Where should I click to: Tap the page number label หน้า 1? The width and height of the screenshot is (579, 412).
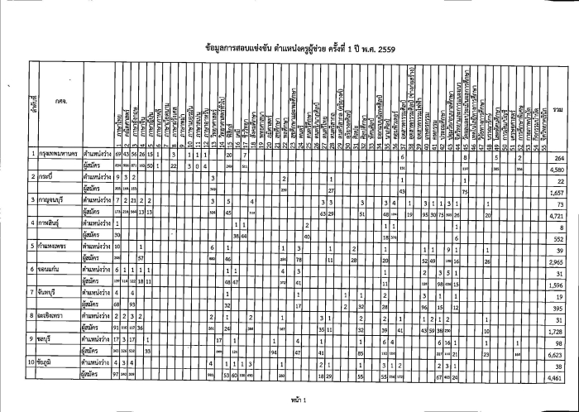pos(290,399)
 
